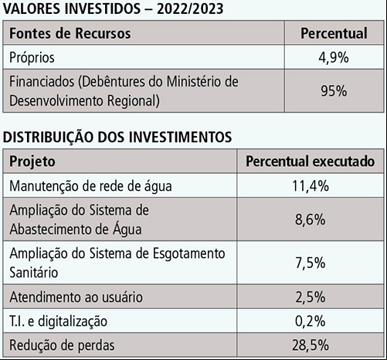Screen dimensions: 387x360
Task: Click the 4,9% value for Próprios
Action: [334, 57]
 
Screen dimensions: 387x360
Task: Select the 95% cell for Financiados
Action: [334, 91]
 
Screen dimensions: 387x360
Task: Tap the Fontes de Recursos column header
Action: [70, 33]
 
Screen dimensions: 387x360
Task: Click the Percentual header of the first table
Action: [334, 33]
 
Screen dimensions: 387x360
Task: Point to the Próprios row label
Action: [32, 58]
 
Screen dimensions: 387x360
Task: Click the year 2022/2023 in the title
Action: [190, 8]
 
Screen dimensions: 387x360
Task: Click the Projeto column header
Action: [32, 161]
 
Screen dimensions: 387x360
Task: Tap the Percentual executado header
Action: [311, 161]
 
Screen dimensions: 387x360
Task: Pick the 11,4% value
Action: [311, 186]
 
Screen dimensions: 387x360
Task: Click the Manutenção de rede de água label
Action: [90, 186]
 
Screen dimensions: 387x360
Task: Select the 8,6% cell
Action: [311, 219]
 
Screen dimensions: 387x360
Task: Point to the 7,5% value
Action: [311, 263]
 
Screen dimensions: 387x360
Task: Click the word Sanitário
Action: [34, 272]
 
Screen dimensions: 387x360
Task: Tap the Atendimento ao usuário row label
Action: [76, 297]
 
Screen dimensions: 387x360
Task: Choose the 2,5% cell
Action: [311, 297]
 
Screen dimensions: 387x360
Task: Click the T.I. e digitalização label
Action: [58, 321]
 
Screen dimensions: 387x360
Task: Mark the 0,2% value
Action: [311, 321]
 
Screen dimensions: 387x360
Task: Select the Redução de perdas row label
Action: [62, 345]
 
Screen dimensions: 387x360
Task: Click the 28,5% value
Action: [311, 345]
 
